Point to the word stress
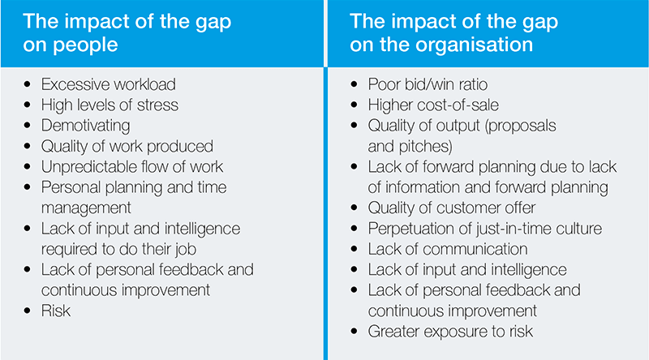[x=157, y=105]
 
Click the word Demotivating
[x=86, y=126]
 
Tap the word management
[x=86, y=208]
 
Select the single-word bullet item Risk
[x=56, y=311]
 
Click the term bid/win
[x=428, y=84]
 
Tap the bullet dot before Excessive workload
[x=28, y=84]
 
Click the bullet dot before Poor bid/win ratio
[x=354, y=84]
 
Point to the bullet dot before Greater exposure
[x=354, y=332]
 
